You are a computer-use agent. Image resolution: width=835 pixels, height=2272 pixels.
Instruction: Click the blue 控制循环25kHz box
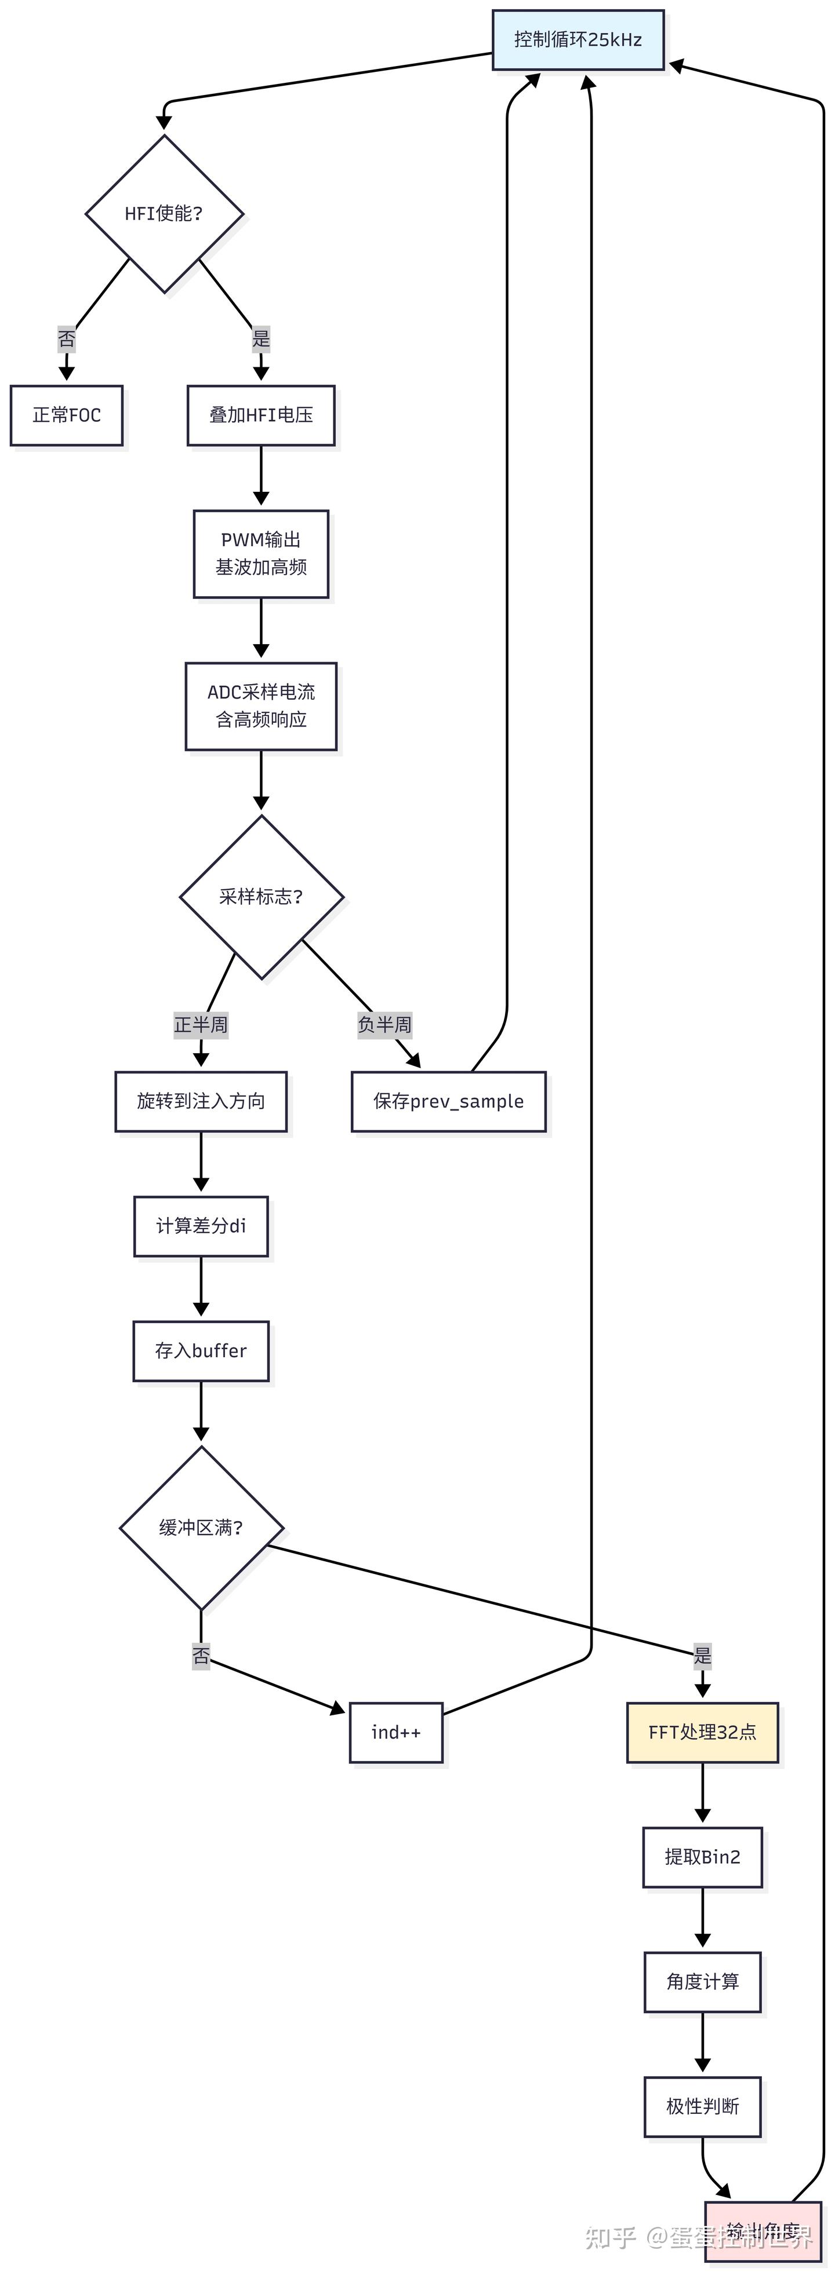578,40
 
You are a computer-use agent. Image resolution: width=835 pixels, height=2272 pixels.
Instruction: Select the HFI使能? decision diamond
164,213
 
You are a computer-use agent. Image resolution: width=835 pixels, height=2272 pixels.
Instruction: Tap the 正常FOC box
66,415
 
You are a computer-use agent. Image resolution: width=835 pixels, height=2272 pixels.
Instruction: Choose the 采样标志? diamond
262,897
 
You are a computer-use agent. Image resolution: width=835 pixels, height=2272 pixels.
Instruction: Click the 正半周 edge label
201,1025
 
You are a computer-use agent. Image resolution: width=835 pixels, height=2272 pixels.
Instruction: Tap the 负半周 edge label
384,1025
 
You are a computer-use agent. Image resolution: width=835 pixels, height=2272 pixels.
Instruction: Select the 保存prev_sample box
448,1102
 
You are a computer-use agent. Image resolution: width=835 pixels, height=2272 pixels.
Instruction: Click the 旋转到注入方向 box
201,1102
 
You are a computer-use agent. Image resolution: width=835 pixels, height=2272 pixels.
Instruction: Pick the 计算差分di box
201,1226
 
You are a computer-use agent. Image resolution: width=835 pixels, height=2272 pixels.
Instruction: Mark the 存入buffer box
201,1351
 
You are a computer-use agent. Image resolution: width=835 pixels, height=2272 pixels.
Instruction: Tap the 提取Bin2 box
703,1857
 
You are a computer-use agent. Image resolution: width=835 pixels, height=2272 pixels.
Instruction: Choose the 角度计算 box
703,1982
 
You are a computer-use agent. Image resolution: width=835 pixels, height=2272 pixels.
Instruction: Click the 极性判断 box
703,2107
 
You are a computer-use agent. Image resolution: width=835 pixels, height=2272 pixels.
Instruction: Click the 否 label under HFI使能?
66,339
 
